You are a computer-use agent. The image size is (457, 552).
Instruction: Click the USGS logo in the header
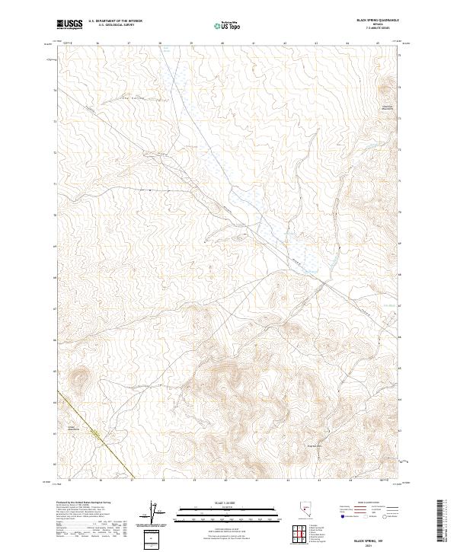pos(69,25)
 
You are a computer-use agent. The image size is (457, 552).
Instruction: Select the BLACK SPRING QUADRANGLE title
pos(374,20)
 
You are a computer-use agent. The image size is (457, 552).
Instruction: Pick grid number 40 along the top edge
pos(222,43)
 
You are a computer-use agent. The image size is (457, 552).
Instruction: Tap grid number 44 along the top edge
pos(347,43)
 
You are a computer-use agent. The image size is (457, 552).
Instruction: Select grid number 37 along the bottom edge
pos(130,481)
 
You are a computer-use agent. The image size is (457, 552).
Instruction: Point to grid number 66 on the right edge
pos(402,337)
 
